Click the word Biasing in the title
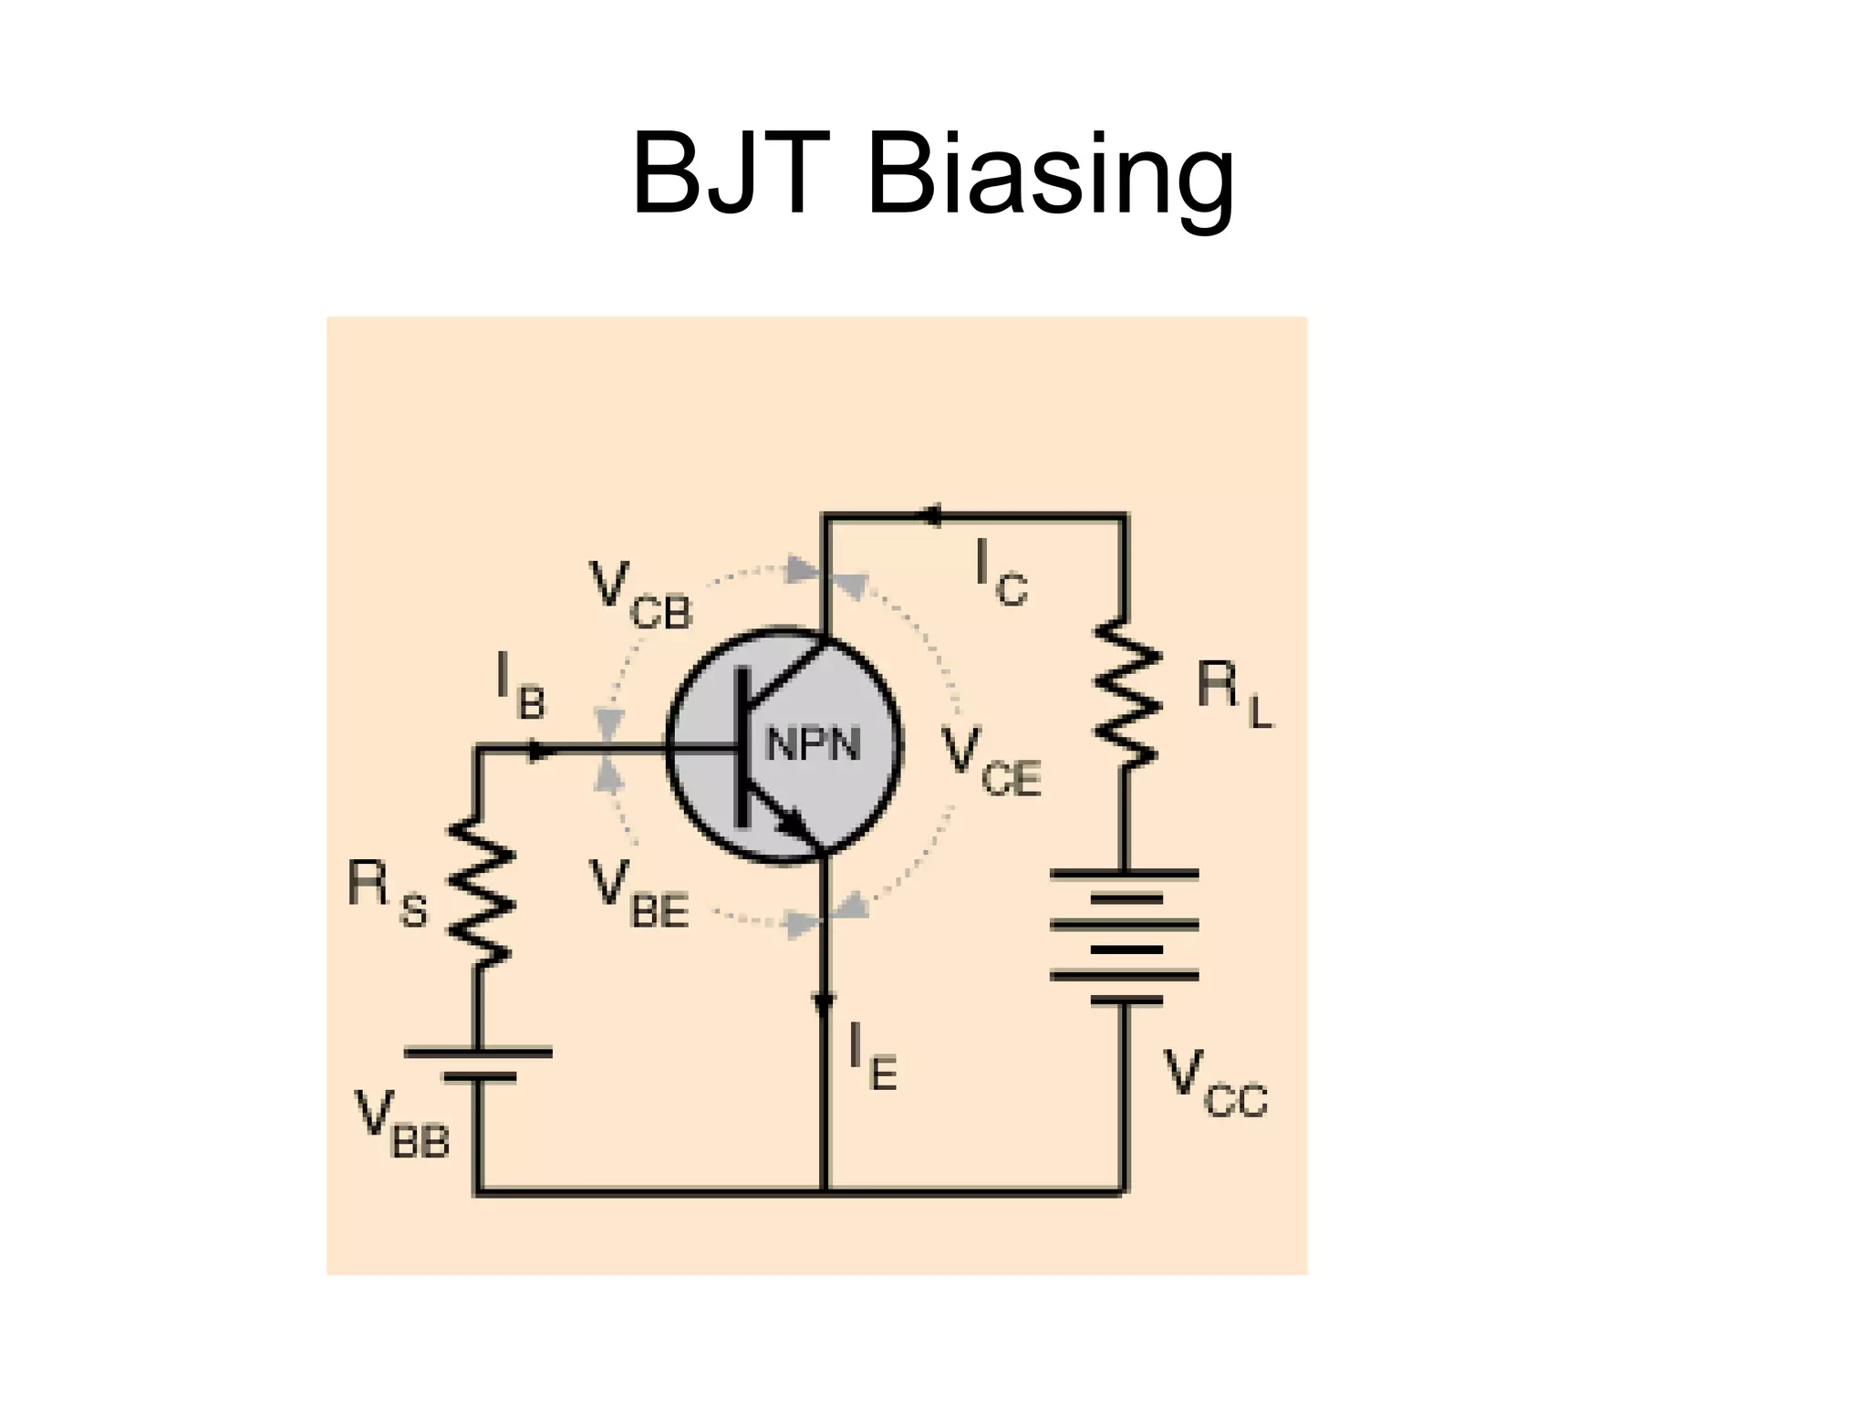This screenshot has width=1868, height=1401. [1051, 175]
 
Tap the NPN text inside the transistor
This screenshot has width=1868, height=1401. [813, 745]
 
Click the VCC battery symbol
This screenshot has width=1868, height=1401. [1125, 937]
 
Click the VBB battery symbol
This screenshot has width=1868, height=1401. [478, 1065]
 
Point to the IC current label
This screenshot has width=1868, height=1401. [1000, 573]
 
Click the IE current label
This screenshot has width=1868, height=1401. [872, 1057]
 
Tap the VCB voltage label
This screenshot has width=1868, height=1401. [640, 596]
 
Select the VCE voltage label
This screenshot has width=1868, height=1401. [991, 763]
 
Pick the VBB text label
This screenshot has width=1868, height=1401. [402, 1126]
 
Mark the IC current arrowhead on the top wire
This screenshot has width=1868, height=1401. [930, 516]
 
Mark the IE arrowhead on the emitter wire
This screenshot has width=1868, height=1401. [825, 1003]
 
